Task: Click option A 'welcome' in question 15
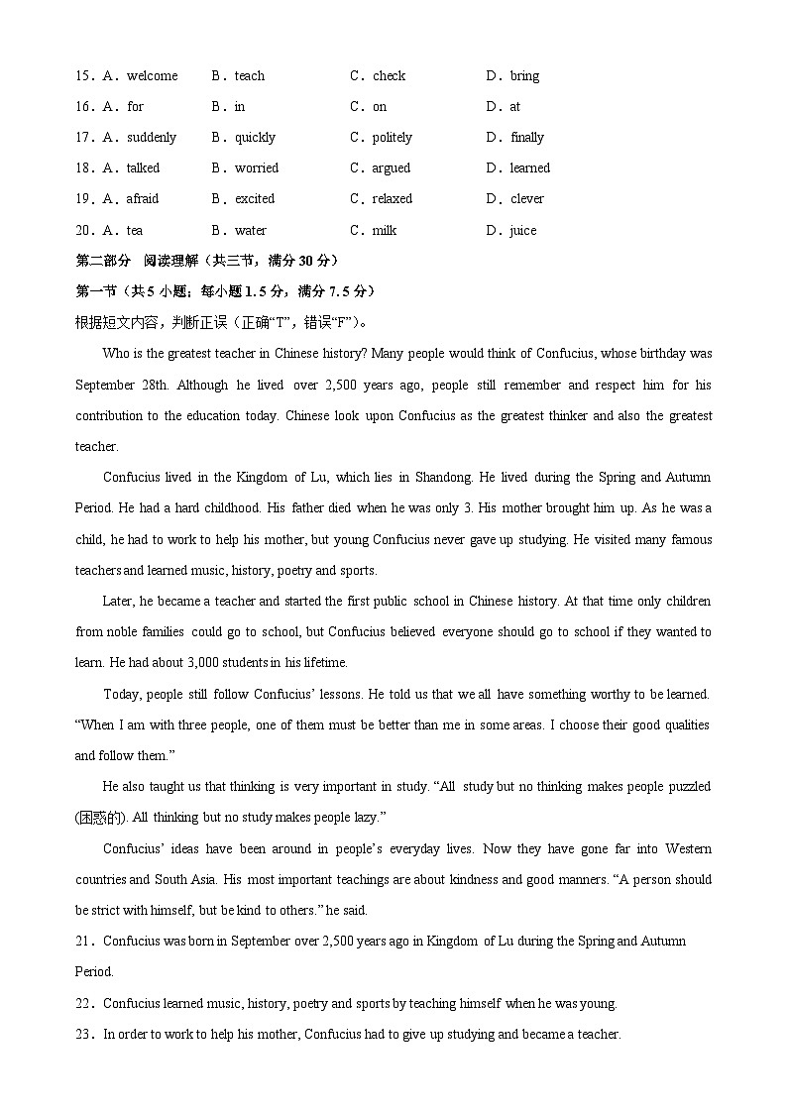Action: point(152,76)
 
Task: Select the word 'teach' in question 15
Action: point(250,76)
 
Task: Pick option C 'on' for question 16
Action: point(380,107)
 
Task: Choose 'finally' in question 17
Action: point(527,138)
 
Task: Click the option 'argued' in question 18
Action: point(392,168)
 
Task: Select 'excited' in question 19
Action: point(255,199)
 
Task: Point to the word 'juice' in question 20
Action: point(523,231)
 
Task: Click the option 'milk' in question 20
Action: point(385,231)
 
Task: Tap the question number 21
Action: point(84,942)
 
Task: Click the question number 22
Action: point(84,1004)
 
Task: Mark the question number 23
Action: point(84,1035)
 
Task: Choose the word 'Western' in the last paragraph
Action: point(688,849)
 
